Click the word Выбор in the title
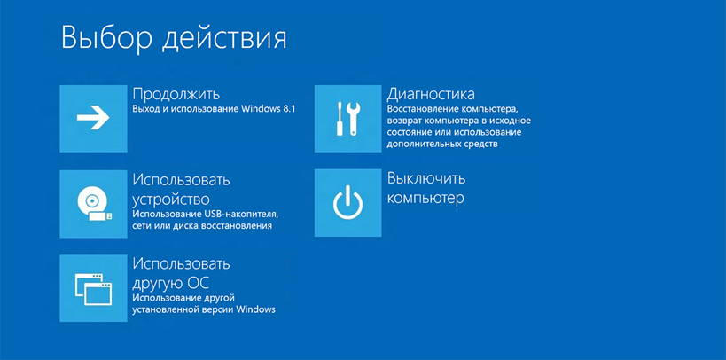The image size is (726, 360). click(106, 38)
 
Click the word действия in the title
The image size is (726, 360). click(224, 40)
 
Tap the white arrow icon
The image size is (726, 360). click(93, 118)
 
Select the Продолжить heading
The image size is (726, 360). click(176, 95)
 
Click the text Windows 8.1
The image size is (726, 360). click(269, 109)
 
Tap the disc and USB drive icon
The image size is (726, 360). click(94, 204)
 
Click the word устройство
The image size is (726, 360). click(171, 200)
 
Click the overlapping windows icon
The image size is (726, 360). click(93, 288)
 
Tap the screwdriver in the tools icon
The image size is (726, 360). click(340, 119)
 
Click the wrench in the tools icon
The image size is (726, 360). click(354, 119)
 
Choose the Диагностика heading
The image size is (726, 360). click(431, 95)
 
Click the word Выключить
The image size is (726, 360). click(426, 178)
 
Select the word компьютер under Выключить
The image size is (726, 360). click(425, 199)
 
